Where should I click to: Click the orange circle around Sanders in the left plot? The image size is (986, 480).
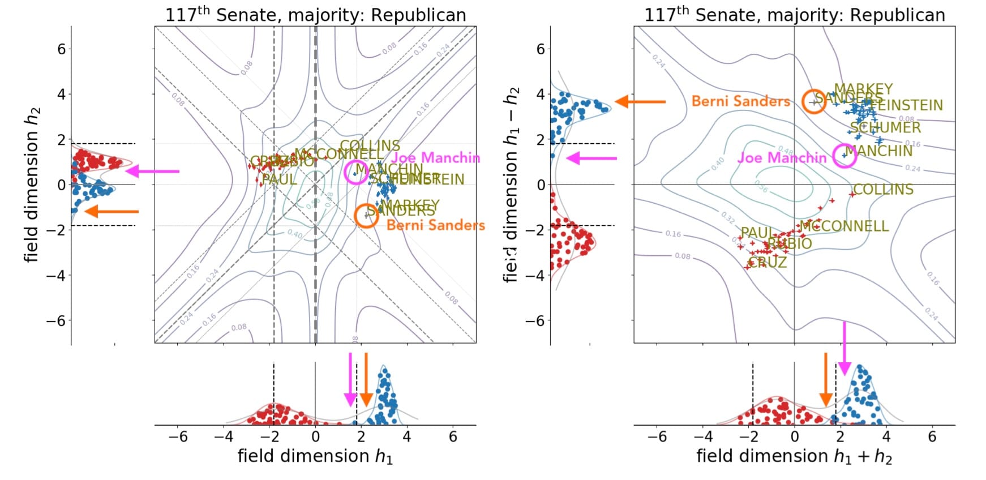point(366,216)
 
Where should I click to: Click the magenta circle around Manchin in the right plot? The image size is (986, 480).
point(844,156)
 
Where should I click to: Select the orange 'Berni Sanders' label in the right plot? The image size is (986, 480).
point(740,101)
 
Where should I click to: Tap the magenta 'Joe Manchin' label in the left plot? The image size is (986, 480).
point(435,158)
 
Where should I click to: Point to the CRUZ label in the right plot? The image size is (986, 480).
point(768,262)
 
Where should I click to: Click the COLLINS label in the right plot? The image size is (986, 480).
point(883,190)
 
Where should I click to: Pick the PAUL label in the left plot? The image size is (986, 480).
point(279,179)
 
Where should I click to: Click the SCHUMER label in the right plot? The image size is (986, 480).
point(885,128)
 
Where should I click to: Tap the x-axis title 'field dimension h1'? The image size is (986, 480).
point(315,456)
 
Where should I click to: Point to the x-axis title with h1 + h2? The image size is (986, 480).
point(794,456)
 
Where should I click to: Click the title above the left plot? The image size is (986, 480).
point(315,15)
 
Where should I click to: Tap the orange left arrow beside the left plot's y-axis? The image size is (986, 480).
point(112,212)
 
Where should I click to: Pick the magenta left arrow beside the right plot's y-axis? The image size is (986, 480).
point(591,158)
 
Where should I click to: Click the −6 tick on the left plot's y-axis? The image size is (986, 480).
point(54,320)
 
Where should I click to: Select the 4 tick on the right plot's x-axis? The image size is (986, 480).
point(886,436)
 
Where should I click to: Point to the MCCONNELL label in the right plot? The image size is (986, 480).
point(844,226)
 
